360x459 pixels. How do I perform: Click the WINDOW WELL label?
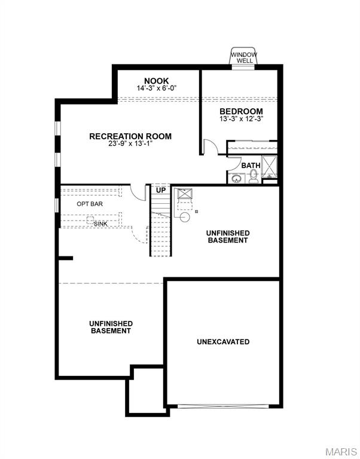[244, 57]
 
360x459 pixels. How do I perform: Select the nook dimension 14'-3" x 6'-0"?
[157, 88]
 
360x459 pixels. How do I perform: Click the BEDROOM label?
[241, 111]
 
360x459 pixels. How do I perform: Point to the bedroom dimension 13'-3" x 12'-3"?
[241, 119]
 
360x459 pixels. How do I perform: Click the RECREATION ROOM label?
[130, 136]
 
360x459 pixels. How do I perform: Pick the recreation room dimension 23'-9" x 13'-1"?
[130, 144]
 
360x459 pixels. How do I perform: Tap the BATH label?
[251, 166]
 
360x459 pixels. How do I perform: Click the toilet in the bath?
[254, 176]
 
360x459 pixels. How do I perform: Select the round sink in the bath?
[236, 178]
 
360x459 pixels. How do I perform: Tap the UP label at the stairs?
[161, 190]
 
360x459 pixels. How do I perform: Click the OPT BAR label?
[90, 204]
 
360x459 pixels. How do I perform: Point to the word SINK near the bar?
[100, 224]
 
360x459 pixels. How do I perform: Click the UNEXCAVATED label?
[223, 342]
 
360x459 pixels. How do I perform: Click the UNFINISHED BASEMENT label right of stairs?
[227, 236]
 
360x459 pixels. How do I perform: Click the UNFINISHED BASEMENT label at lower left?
[111, 327]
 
